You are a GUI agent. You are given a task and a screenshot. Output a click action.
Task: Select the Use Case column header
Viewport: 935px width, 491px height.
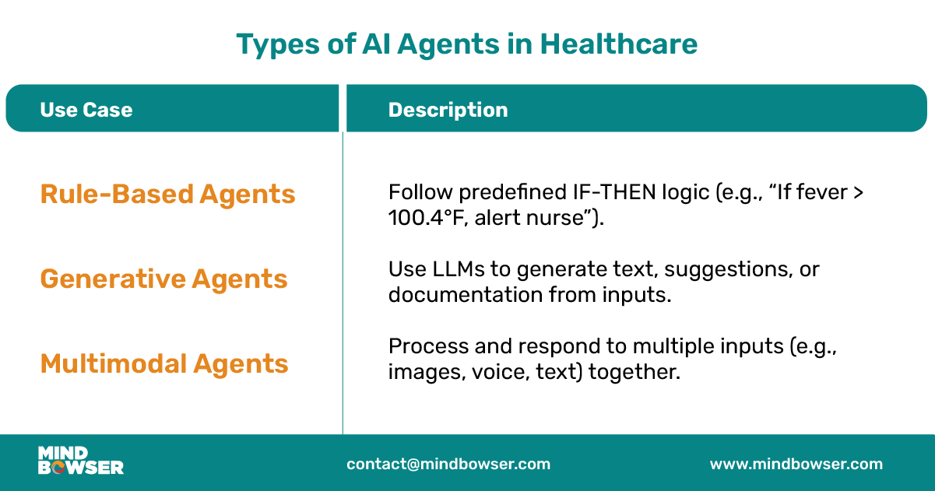(86, 110)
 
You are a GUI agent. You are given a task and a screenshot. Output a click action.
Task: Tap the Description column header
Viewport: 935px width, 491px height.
(448, 110)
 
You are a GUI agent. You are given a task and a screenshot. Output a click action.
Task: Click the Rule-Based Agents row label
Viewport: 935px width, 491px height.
(167, 194)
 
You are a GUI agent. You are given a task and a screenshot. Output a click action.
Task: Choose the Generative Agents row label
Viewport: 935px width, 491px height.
(163, 279)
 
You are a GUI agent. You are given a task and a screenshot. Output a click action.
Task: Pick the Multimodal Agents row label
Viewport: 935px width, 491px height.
(164, 363)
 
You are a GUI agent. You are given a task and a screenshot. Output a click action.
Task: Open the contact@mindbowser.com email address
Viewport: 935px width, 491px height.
(448, 465)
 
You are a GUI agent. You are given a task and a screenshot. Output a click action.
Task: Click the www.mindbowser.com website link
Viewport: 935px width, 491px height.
(796, 465)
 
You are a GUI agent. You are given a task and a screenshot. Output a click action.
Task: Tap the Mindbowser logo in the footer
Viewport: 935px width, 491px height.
(80, 461)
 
